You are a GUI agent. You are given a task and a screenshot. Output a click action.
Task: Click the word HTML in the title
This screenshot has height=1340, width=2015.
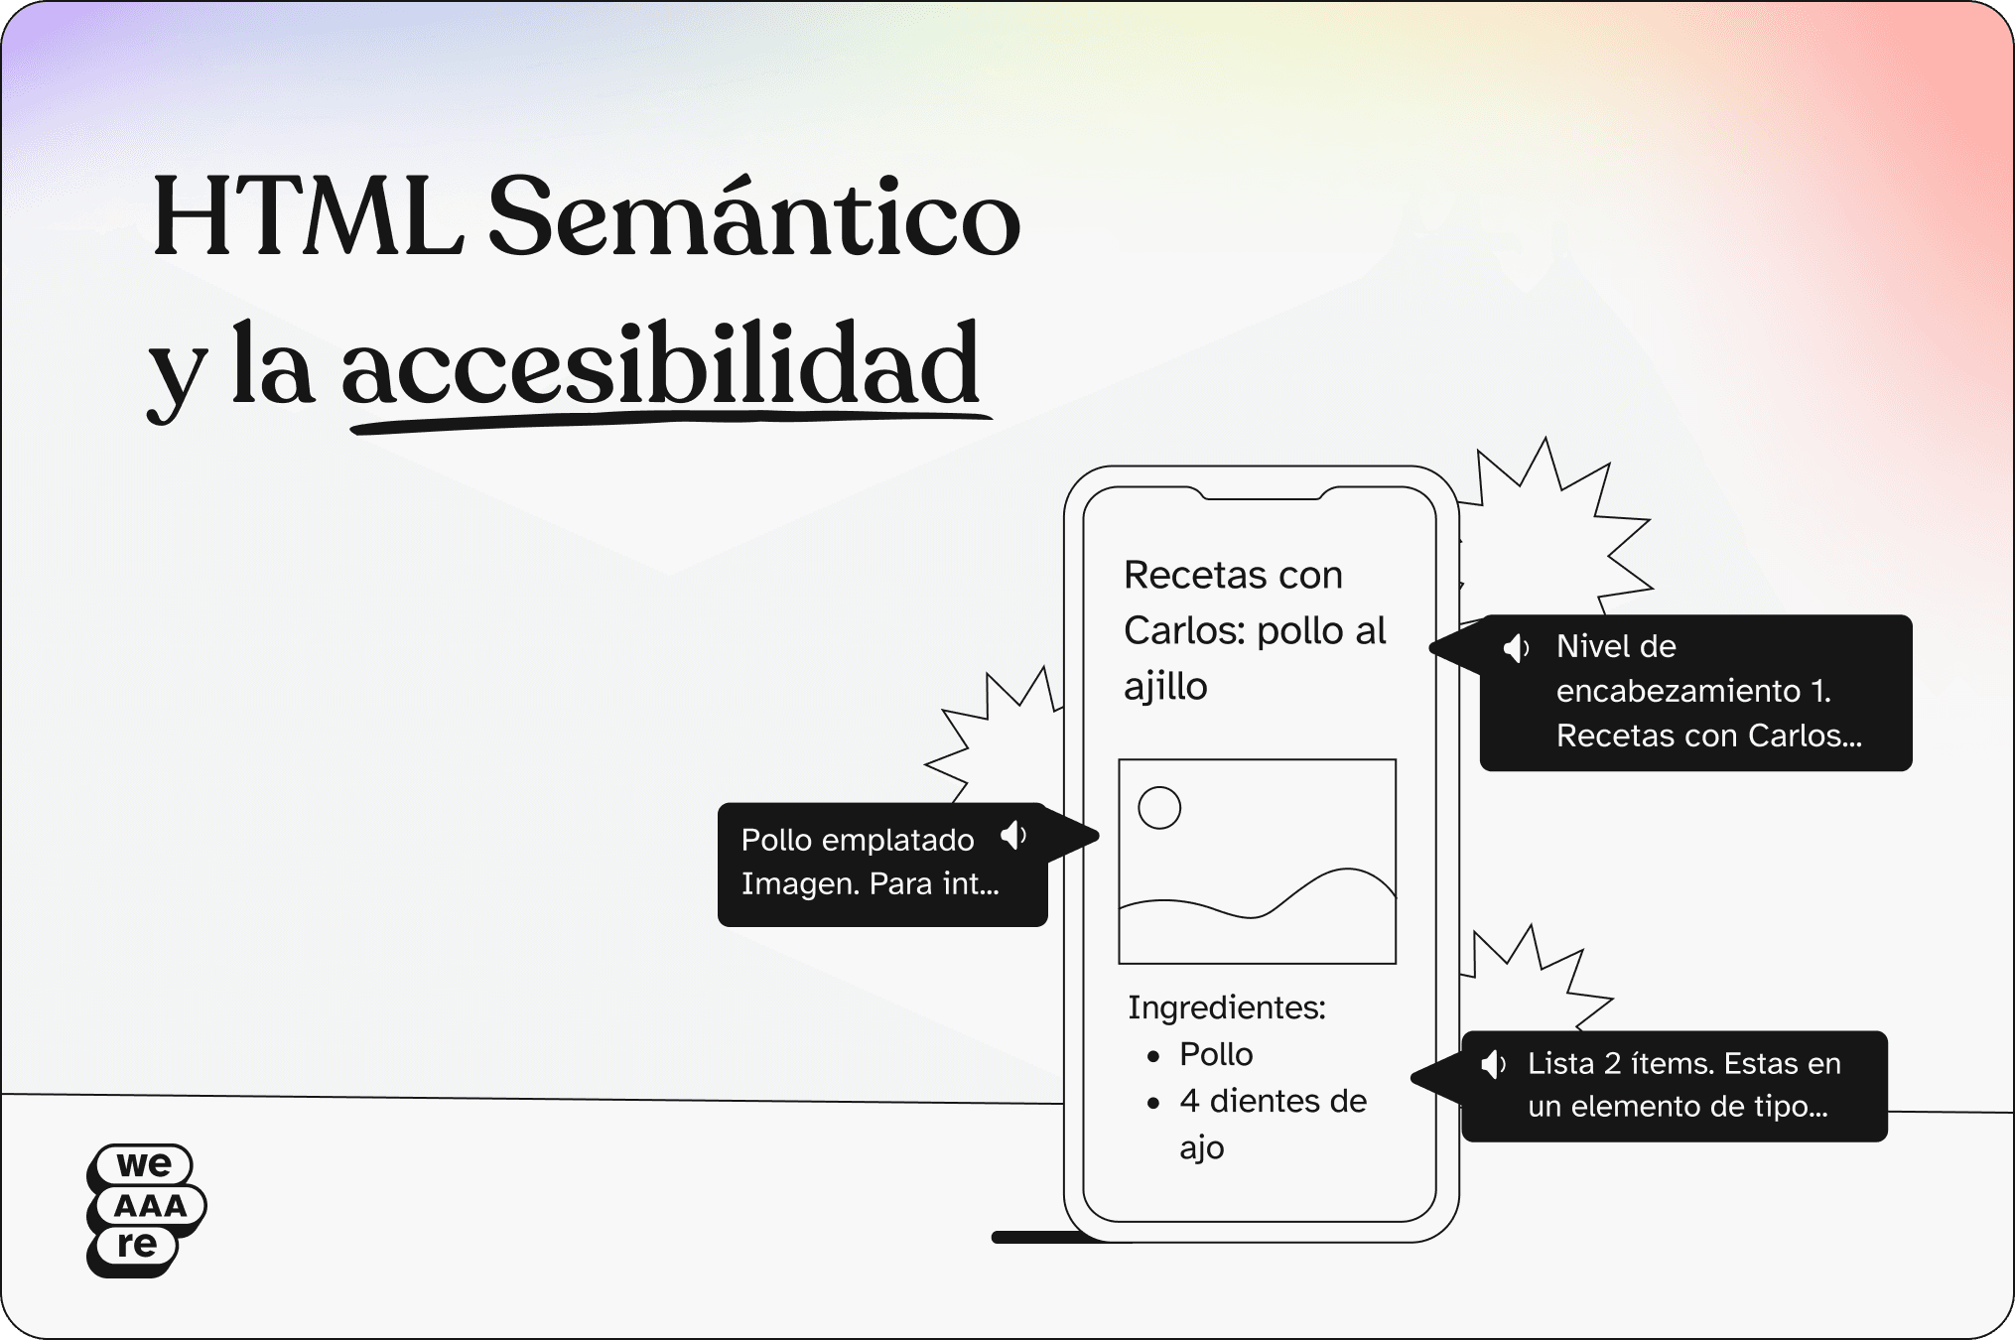pos(308,217)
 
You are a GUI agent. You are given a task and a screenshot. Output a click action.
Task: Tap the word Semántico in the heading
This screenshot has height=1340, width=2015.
pos(754,214)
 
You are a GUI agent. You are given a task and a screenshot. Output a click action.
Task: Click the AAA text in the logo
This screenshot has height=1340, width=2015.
pos(150,1206)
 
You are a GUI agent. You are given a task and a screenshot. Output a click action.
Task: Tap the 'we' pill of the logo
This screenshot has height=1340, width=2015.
pos(144,1164)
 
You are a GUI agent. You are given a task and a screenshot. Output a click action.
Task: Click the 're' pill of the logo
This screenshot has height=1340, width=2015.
pos(135,1245)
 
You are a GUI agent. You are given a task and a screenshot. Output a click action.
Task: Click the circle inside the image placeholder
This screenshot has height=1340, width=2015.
pos(1159,808)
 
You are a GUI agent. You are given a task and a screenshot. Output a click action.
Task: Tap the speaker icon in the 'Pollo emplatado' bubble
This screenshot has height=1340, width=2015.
pos(1013,836)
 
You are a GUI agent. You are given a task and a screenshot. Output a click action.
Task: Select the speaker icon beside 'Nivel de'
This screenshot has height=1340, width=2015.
pos(1516,648)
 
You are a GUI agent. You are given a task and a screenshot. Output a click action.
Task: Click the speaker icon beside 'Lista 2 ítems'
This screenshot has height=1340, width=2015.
pos(1493,1065)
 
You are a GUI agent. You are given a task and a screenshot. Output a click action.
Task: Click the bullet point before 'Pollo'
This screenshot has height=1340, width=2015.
pos(1153,1057)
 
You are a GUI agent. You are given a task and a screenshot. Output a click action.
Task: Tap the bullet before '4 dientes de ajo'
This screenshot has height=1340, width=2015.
pos(1153,1104)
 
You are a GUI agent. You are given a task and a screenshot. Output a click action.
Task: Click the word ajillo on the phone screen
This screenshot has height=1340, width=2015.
pos(1165,686)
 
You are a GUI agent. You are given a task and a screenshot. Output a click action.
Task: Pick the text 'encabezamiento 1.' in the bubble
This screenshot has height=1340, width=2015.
pos(1693,691)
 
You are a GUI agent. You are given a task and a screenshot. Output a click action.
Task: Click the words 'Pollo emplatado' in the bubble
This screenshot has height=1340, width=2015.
pos(858,840)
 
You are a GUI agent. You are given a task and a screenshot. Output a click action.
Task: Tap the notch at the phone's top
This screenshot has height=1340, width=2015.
pos(1261,493)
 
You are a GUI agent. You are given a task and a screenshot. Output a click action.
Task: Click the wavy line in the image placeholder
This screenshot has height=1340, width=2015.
pos(1258,892)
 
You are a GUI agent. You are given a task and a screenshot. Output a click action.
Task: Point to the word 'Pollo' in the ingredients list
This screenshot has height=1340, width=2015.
pos(1216,1054)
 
